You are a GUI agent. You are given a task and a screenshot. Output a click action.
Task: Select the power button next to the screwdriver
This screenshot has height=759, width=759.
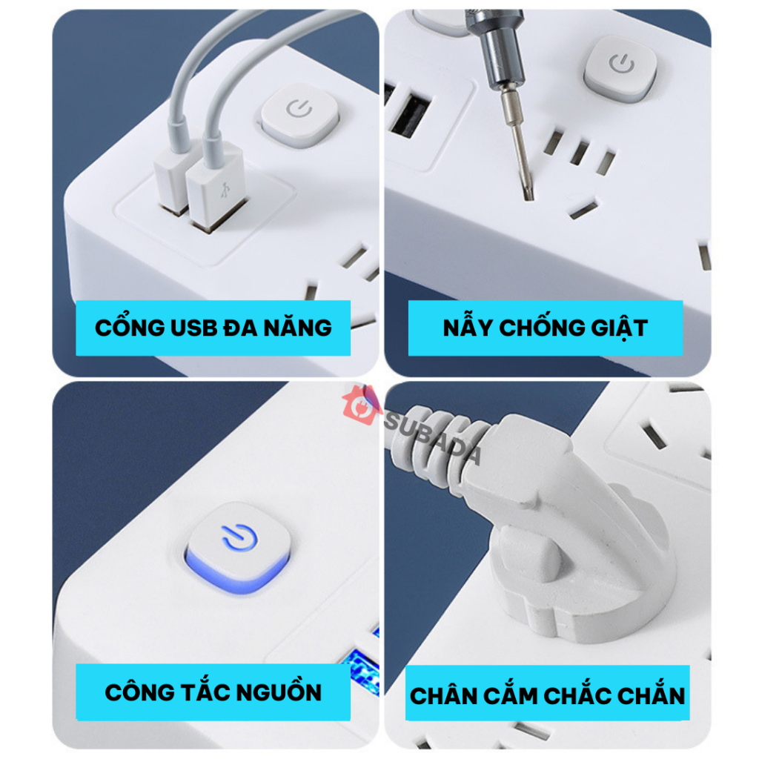pyautogui.click(x=621, y=65)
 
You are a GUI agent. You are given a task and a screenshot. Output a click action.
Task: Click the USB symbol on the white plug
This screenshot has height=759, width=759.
pyautogui.click(x=223, y=189)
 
